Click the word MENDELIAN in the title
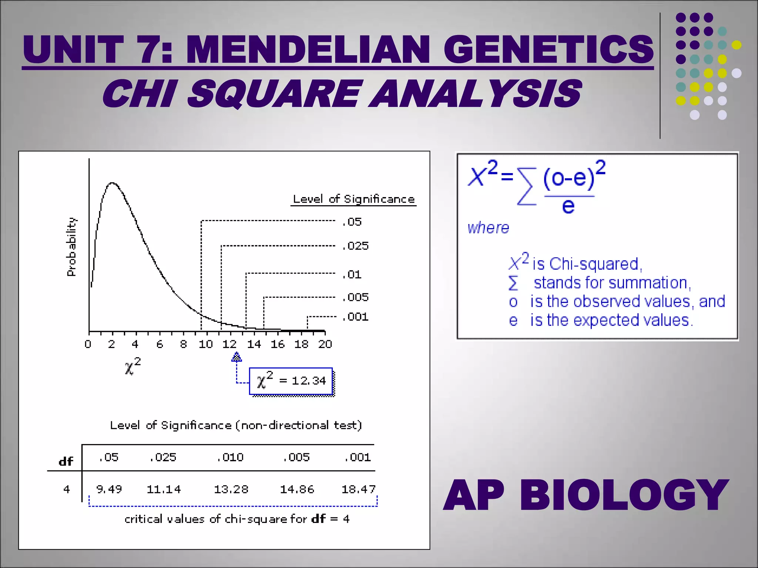(308, 49)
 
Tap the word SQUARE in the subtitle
(274, 94)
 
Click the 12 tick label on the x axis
(229, 344)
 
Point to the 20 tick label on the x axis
(325, 344)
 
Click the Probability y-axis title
(71, 247)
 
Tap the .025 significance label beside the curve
(356, 246)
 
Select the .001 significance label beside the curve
(356, 317)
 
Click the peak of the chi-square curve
(112, 183)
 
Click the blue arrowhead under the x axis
(237, 357)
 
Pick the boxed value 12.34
(309, 381)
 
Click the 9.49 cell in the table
(109, 489)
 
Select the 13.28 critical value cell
(231, 489)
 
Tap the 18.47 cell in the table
(358, 489)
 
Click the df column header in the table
(66, 461)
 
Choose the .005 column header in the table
(296, 457)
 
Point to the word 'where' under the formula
(488, 228)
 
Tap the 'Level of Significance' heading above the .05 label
(353, 199)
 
